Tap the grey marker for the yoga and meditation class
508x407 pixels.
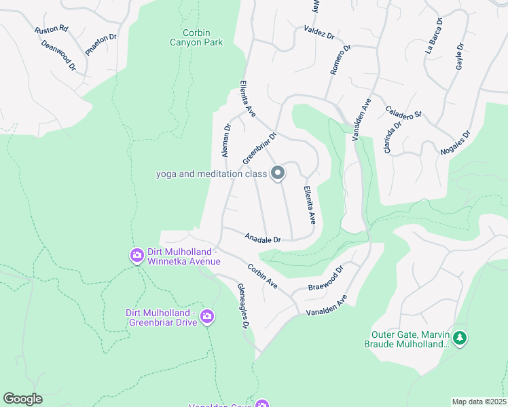[x=278, y=174]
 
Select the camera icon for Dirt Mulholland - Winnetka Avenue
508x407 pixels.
[x=137, y=255]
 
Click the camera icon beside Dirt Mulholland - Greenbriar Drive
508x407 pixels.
[x=207, y=317]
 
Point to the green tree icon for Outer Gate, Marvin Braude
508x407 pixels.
[x=460, y=338]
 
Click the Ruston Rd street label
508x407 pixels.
[x=52, y=29]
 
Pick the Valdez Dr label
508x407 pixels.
[x=319, y=33]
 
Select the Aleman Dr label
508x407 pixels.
[x=226, y=140]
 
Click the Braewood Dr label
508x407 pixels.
[x=327, y=278]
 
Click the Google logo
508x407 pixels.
[x=23, y=398]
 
